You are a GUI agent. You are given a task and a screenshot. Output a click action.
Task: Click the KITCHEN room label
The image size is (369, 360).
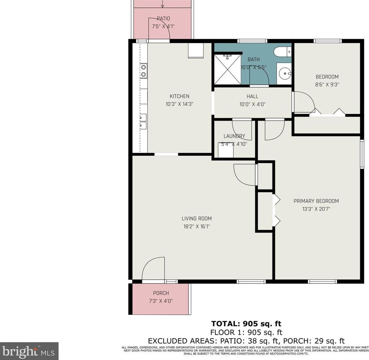(179, 96)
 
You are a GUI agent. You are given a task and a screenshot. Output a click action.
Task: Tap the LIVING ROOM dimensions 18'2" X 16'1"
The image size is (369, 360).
(197, 226)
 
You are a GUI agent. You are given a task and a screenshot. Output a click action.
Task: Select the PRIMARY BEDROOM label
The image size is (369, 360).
(316, 201)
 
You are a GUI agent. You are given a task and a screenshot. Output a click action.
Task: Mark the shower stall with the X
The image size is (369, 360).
(227, 69)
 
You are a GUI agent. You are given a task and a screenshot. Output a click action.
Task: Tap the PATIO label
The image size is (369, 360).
(163, 19)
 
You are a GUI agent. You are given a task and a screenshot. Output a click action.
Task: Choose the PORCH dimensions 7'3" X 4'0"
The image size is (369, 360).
(161, 301)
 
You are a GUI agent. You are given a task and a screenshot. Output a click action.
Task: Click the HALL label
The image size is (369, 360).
(252, 96)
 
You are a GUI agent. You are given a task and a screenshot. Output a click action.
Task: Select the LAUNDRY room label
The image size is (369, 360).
(234, 136)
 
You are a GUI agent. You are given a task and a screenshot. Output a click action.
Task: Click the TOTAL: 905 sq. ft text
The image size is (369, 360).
(246, 323)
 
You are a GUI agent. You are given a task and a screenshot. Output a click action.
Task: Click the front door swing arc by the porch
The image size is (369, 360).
(153, 269)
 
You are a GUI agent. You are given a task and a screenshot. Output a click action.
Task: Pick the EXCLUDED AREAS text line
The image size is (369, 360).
(246, 341)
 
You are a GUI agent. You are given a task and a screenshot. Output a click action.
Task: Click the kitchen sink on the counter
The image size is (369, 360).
(143, 121)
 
